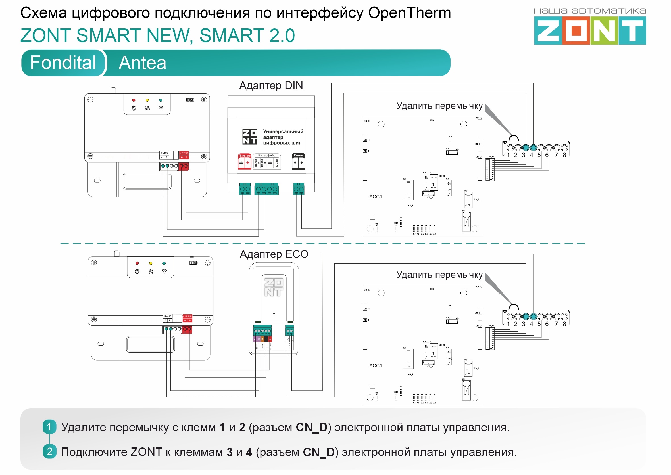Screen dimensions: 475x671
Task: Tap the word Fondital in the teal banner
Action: coord(63,62)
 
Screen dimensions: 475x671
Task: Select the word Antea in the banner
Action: coord(142,63)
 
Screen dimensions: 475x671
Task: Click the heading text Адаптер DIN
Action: coord(271,85)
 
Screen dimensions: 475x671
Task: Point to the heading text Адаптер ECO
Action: coord(274,254)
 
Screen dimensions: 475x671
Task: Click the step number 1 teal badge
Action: coord(49,427)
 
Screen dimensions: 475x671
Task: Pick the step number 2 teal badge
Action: coord(49,451)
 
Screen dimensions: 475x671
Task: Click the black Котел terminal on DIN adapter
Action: coord(298,162)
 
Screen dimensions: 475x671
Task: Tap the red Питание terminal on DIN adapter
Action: coord(244,162)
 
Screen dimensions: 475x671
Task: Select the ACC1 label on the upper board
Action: coord(376,196)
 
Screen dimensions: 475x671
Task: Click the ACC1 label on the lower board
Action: coord(376,365)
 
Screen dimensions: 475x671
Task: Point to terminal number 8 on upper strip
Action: coord(564,155)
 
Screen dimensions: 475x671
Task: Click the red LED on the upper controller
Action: coord(134,100)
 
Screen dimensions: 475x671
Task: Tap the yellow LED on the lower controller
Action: coord(151,263)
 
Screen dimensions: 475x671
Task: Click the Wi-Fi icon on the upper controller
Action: coord(161,108)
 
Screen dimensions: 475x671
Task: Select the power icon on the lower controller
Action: coord(137,271)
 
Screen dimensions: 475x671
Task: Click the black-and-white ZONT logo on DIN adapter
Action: coord(250,137)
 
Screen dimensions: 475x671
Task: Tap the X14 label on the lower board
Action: coord(432,289)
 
